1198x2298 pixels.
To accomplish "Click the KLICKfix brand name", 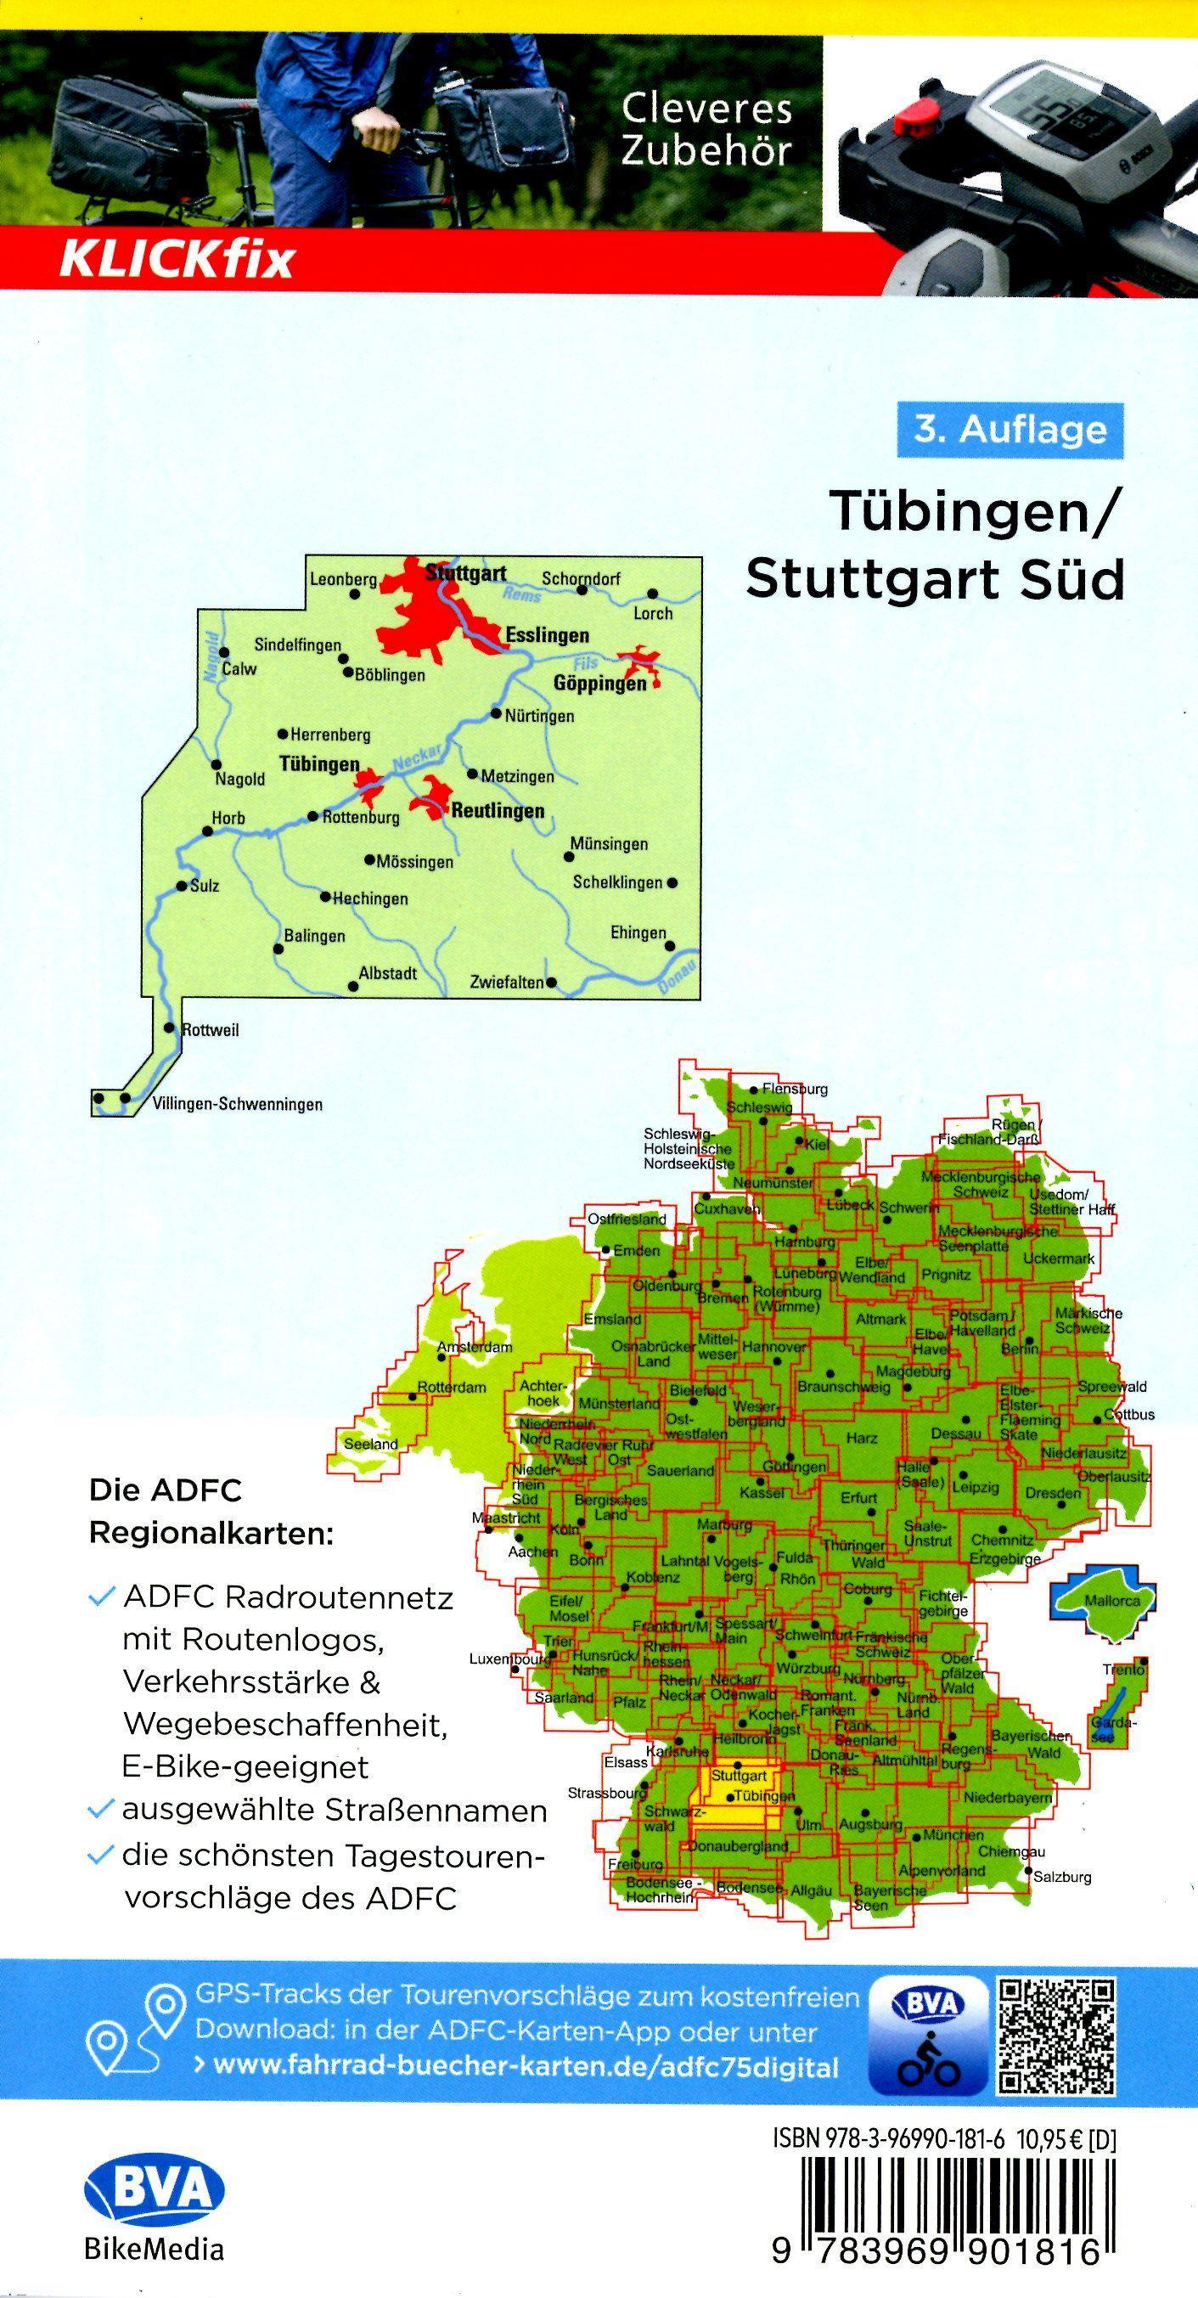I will click(176, 261).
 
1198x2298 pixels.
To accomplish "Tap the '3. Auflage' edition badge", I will click(1010, 430).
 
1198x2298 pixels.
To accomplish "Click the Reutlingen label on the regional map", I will click(497, 811).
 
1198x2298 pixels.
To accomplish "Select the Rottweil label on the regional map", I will click(211, 1029).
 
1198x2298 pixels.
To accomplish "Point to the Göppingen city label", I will click(599, 684).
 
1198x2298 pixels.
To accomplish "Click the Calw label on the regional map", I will click(239, 668).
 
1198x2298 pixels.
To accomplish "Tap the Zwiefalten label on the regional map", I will click(507, 983).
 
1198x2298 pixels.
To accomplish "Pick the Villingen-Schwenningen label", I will click(237, 1104).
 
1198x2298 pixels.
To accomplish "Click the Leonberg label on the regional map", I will click(343, 579).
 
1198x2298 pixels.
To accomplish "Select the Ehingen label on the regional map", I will click(638, 932).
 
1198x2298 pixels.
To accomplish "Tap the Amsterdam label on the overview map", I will click(474, 1347).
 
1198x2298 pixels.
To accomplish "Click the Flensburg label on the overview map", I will click(795, 1090).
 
